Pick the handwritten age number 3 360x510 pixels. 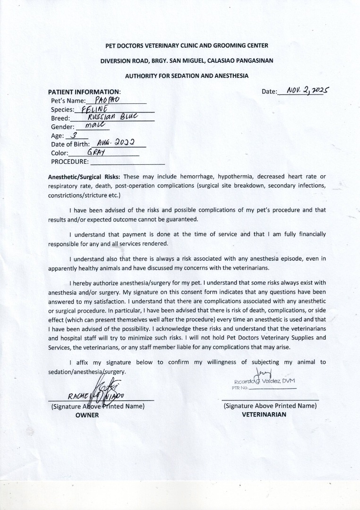[74, 136]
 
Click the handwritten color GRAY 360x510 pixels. [95, 153]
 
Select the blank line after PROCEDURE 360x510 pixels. [127, 162]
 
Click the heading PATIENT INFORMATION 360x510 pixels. [84, 91]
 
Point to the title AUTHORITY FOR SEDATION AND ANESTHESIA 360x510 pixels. [187, 76]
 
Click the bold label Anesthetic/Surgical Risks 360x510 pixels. [85, 177]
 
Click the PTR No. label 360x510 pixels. [240, 388]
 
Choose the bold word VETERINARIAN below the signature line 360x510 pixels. [264, 415]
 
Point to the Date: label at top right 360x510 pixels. [269, 91]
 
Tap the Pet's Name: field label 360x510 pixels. [69, 101]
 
